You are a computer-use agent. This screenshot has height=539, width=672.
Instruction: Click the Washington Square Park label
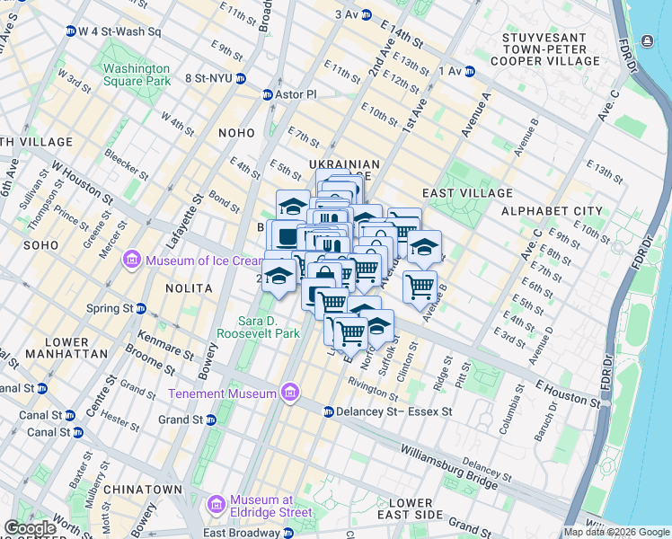pyautogui.click(x=136, y=75)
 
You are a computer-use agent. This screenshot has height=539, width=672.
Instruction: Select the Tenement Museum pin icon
pyautogui.click(x=289, y=393)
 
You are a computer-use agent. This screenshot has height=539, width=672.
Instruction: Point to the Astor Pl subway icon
pyautogui.click(x=267, y=94)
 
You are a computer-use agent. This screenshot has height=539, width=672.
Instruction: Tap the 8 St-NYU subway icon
pyautogui.click(x=241, y=78)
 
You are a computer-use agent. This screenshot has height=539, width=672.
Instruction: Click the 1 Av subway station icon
pyautogui.click(x=469, y=71)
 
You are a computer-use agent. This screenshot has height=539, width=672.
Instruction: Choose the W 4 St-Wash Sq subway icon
pyautogui.click(x=70, y=31)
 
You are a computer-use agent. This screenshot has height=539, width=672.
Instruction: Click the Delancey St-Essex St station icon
pyautogui.click(x=328, y=411)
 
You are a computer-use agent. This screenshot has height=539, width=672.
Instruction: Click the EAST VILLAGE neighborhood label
pyautogui.click(x=466, y=193)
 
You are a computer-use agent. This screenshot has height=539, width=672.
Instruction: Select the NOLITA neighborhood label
pyautogui.click(x=189, y=288)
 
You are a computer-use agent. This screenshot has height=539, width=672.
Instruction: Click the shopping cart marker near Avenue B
pyautogui.click(x=420, y=287)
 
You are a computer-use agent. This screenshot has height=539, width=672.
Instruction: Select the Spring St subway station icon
pyautogui.click(x=141, y=308)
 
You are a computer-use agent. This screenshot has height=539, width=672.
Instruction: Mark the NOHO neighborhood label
pyautogui.click(x=236, y=133)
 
